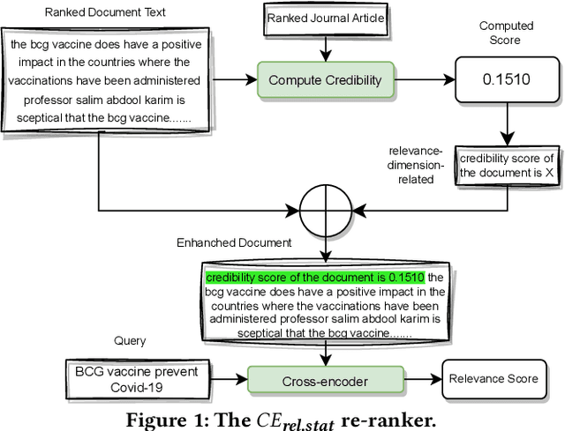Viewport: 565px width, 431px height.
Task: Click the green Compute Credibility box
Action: (x=326, y=80)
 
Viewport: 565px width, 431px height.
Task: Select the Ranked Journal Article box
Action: (x=326, y=19)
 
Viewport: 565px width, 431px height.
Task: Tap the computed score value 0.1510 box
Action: (x=507, y=79)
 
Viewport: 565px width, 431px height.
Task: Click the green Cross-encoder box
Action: (x=326, y=380)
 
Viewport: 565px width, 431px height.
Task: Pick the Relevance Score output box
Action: (x=494, y=379)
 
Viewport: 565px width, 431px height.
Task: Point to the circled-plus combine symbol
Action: (x=326, y=211)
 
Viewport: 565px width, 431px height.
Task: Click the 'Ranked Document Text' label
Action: (x=105, y=12)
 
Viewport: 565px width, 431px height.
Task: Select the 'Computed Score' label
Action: (x=506, y=33)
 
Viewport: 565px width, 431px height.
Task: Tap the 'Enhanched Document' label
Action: (x=234, y=243)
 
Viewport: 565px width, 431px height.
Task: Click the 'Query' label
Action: (x=130, y=340)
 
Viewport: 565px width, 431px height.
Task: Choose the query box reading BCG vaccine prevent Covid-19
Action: (x=138, y=380)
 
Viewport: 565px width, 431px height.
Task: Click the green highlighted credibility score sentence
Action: (x=315, y=278)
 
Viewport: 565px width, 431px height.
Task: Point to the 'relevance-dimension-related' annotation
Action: (x=416, y=165)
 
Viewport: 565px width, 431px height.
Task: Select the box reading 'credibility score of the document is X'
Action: (x=508, y=166)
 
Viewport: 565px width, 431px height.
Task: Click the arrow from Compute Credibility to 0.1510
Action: (x=425, y=79)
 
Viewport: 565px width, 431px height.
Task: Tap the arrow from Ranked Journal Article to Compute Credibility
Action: (x=326, y=49)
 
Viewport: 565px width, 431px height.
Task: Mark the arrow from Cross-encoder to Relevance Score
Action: (x=423, y=379)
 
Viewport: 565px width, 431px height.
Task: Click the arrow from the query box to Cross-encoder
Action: (x=229, y=379)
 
